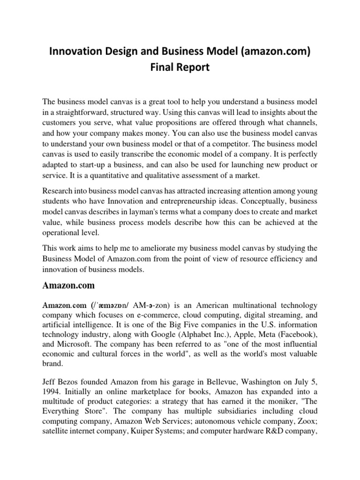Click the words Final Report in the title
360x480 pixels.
(180, 67)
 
